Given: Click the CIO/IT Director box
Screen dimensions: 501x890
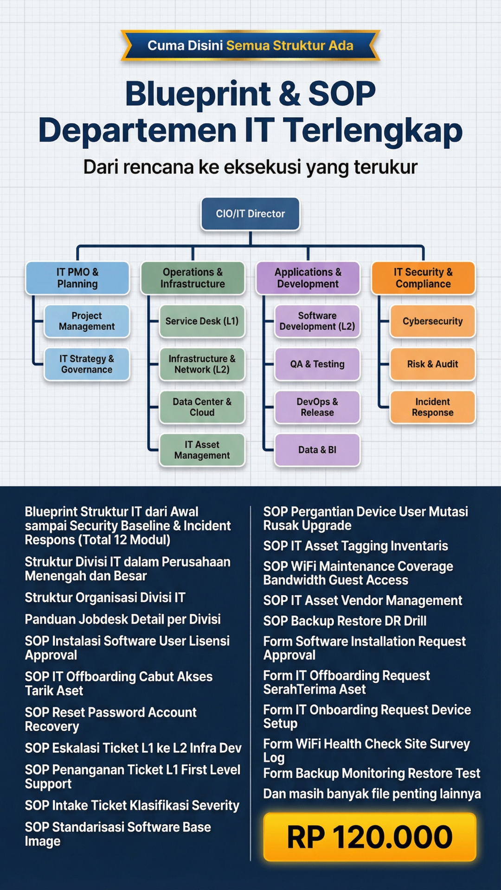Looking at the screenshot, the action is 250,214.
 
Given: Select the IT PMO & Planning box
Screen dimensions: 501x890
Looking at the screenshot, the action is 77,278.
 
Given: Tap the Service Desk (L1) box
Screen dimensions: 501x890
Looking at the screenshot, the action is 202,321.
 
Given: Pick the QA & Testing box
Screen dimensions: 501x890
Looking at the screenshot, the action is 317,364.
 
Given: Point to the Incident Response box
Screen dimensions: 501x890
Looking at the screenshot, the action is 433,407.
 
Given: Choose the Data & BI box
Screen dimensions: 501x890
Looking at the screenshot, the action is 317,450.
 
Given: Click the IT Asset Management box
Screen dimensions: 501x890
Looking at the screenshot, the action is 202,450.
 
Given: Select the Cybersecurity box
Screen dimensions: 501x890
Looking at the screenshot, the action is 433,321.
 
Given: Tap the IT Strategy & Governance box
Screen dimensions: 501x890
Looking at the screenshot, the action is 87,364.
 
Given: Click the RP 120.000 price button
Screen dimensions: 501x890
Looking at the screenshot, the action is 370,837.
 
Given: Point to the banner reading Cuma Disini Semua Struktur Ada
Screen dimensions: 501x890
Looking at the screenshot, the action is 250,45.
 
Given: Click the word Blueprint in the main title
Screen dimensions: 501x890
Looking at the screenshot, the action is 198,94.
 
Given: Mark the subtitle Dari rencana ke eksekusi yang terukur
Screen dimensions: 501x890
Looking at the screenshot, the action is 250,167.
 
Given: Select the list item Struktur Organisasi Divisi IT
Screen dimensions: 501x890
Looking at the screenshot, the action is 105,598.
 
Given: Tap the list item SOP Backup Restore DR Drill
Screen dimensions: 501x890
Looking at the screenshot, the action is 345,621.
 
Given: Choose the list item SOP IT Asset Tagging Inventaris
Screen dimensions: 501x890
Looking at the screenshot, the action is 356,546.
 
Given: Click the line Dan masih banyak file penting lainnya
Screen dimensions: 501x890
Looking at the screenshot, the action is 372,794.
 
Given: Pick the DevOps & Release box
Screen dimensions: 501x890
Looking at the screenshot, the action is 317,407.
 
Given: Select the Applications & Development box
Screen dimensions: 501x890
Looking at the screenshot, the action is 308,278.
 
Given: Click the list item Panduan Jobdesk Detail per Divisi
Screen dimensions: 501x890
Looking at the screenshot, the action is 123,619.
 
